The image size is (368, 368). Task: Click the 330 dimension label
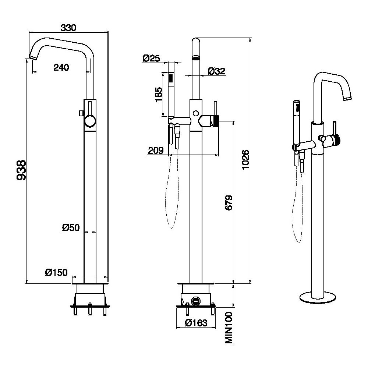click(68, 28)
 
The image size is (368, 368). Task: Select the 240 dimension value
click(61, 67)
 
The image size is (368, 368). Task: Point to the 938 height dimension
click(22, 170)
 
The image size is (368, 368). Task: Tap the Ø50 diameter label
click(71, 228)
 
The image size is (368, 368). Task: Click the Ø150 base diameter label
click(56, 272)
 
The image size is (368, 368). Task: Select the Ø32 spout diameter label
click(216, 71)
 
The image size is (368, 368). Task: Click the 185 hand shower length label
click(158, 95)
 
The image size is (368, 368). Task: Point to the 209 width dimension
click(156, 150)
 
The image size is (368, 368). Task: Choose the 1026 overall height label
click(245, 159)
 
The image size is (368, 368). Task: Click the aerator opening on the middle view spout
click(196, 58)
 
